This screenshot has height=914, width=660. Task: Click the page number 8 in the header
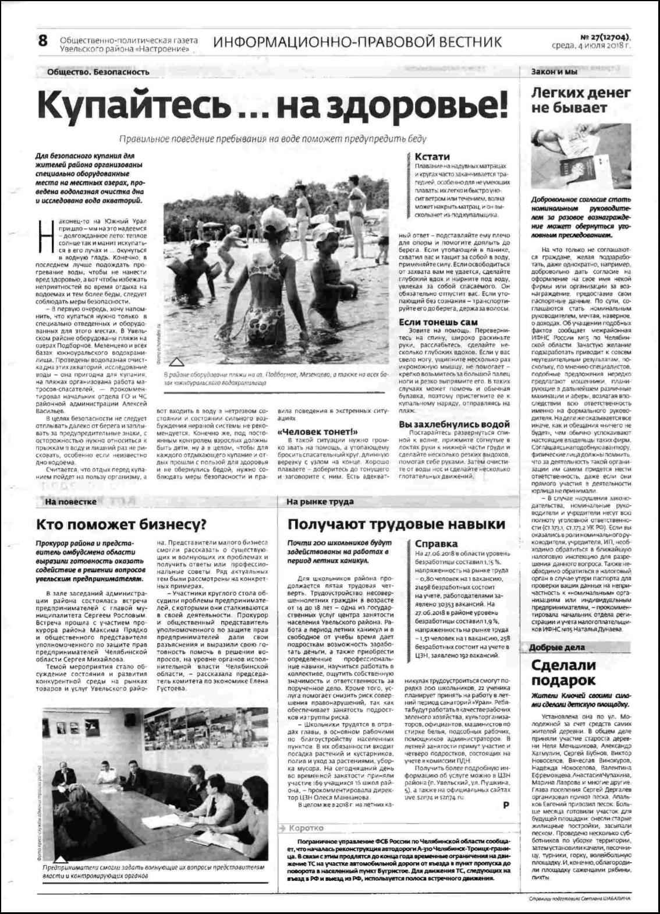pos(42,41)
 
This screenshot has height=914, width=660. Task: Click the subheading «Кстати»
pos(432,156)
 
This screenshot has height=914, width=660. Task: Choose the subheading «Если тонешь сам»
pos(438,322)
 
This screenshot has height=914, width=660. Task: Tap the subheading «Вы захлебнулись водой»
pos(454,425)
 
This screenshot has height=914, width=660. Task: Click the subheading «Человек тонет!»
pos(317,432)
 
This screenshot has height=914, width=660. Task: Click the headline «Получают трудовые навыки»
pos(396,524)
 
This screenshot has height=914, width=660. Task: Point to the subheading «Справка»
pos(437,544)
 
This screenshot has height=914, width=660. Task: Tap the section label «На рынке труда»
pos(320,501)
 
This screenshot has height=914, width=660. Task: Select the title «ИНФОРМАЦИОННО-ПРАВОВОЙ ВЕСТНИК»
pos(357,42)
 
